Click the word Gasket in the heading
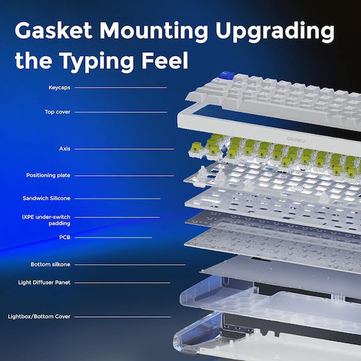53,30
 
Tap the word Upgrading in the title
275,32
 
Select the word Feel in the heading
164,60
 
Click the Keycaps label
59,88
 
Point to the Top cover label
57,112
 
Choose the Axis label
65,148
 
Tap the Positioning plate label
48,175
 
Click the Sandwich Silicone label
46,199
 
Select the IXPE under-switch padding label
46,220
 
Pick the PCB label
65,237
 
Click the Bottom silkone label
50,264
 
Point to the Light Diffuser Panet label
44,283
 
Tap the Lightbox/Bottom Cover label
39,317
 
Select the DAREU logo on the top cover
296,139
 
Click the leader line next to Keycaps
120,88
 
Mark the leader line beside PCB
113,237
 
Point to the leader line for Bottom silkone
130,265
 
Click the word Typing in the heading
96,62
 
